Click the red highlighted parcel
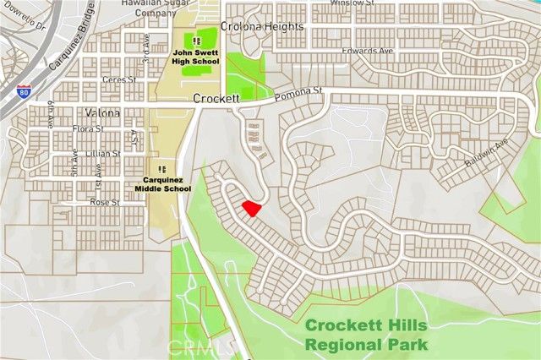[x=251, y=207]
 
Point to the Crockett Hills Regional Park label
[x=366, y=335]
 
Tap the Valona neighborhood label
[x=102, y=113]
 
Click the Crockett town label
[x=216, y=99]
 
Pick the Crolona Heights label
[x=262, y=27]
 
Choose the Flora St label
[x=87, y=129]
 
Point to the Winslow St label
[x=352, y=3]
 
